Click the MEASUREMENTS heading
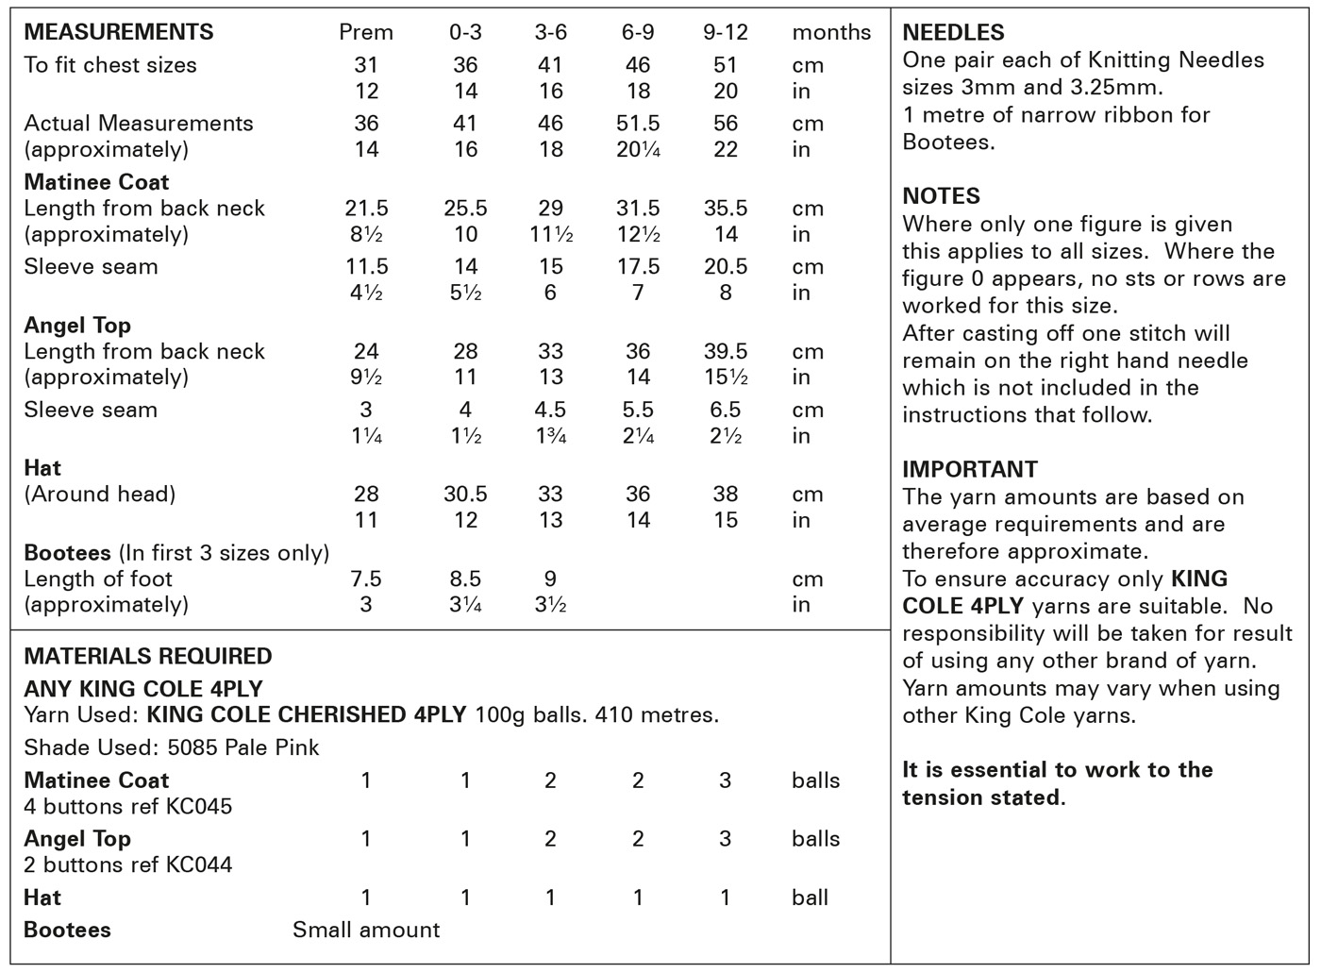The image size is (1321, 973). [119, 32]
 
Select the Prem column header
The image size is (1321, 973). [366, 32]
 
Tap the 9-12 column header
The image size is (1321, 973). [726, 32]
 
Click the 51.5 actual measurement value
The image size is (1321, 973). [638, 124]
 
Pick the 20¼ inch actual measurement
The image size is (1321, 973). [638, 149]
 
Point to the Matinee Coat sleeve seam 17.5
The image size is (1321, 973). [638, 267]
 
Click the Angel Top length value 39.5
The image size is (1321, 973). [726, 352]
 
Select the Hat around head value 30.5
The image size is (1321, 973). [465, 495]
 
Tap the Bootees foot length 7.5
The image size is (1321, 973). [366, 579]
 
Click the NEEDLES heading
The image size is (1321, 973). [953, 33]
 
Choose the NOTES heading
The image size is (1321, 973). [941, 196]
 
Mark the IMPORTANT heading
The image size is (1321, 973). [970, 470]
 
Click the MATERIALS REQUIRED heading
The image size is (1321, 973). [148, 657]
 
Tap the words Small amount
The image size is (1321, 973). [366, 931]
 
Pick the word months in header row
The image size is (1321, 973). [831, 33]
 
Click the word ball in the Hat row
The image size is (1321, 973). [810, 898]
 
